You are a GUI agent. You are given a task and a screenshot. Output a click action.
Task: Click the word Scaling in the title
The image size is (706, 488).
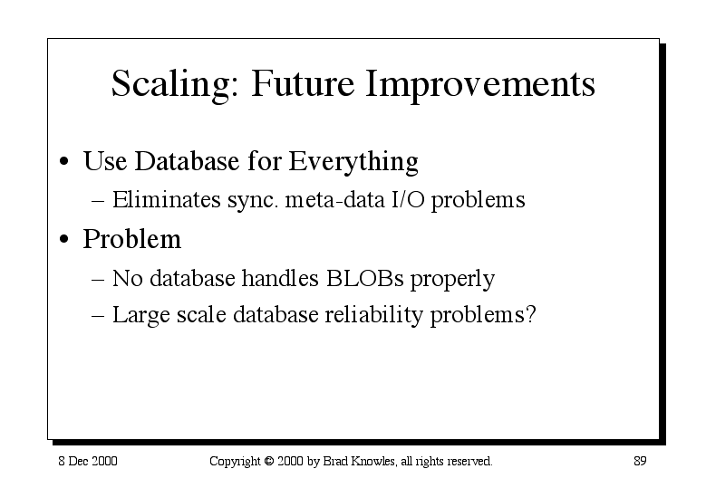[175, 84]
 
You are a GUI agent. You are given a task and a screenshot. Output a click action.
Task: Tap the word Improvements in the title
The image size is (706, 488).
[480, 84]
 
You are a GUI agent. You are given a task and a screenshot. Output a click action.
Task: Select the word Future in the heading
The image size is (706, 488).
[303, 83]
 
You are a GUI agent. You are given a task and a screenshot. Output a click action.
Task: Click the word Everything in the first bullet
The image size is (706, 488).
[353, 162]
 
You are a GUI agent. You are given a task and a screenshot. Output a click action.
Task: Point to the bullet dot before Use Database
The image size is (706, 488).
[64, 161]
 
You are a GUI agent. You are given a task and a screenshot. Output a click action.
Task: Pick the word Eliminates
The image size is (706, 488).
[167, 199]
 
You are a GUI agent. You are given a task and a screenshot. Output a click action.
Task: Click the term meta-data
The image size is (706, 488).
[335, 200]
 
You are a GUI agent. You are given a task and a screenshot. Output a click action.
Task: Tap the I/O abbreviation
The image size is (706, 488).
[408, 199]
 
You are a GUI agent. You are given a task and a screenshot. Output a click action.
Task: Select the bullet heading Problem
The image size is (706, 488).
[132, 238]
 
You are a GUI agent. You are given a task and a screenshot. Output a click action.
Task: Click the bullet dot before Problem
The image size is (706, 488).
[64, 239]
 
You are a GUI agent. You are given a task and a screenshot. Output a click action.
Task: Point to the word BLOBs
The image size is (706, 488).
[364, 278]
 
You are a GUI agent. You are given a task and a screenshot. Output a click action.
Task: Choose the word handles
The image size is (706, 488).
[280, 278]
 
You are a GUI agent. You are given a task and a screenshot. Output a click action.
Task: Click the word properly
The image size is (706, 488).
[452, 280]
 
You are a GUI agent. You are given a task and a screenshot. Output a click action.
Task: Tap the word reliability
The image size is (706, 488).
[373, 315]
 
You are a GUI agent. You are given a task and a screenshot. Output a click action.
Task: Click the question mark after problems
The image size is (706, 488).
[530, 314]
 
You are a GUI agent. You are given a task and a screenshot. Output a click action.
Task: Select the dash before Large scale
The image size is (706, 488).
[98, 316]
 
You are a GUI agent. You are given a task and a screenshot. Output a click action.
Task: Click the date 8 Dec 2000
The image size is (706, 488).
[88, 461]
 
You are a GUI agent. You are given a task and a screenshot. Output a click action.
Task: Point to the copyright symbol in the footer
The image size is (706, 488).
[269, 461]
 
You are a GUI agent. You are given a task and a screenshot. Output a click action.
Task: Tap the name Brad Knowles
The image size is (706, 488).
[359, 461]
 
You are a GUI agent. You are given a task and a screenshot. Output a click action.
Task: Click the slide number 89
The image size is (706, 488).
[640, 461]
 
